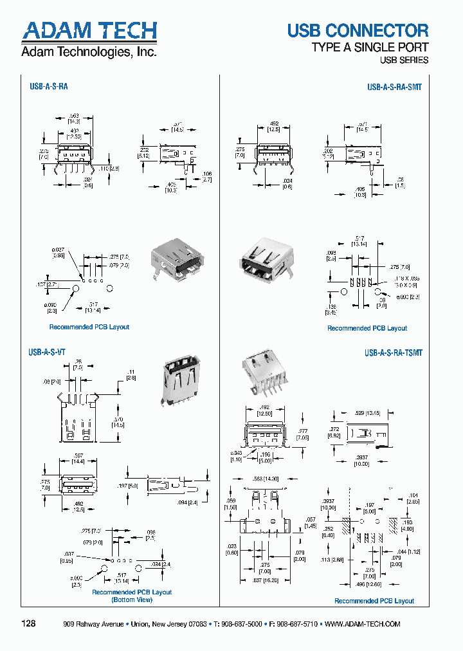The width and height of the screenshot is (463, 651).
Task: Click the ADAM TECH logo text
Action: point(89,30)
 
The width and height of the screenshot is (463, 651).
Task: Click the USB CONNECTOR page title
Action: point(358,30)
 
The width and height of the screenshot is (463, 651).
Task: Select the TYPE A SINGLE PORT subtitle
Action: point(370,48)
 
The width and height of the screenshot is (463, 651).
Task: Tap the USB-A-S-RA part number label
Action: point(48,86)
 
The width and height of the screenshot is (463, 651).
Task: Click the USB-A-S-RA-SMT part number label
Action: point(394,86)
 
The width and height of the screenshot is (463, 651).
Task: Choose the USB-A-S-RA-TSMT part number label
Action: point(393,353)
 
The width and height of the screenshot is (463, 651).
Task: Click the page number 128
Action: point(29,624)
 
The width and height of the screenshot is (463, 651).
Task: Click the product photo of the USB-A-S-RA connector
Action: point(177,261)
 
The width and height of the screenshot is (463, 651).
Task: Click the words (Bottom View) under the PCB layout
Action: point(132,600)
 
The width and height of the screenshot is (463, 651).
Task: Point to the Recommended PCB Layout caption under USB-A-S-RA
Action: point(89,327)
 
